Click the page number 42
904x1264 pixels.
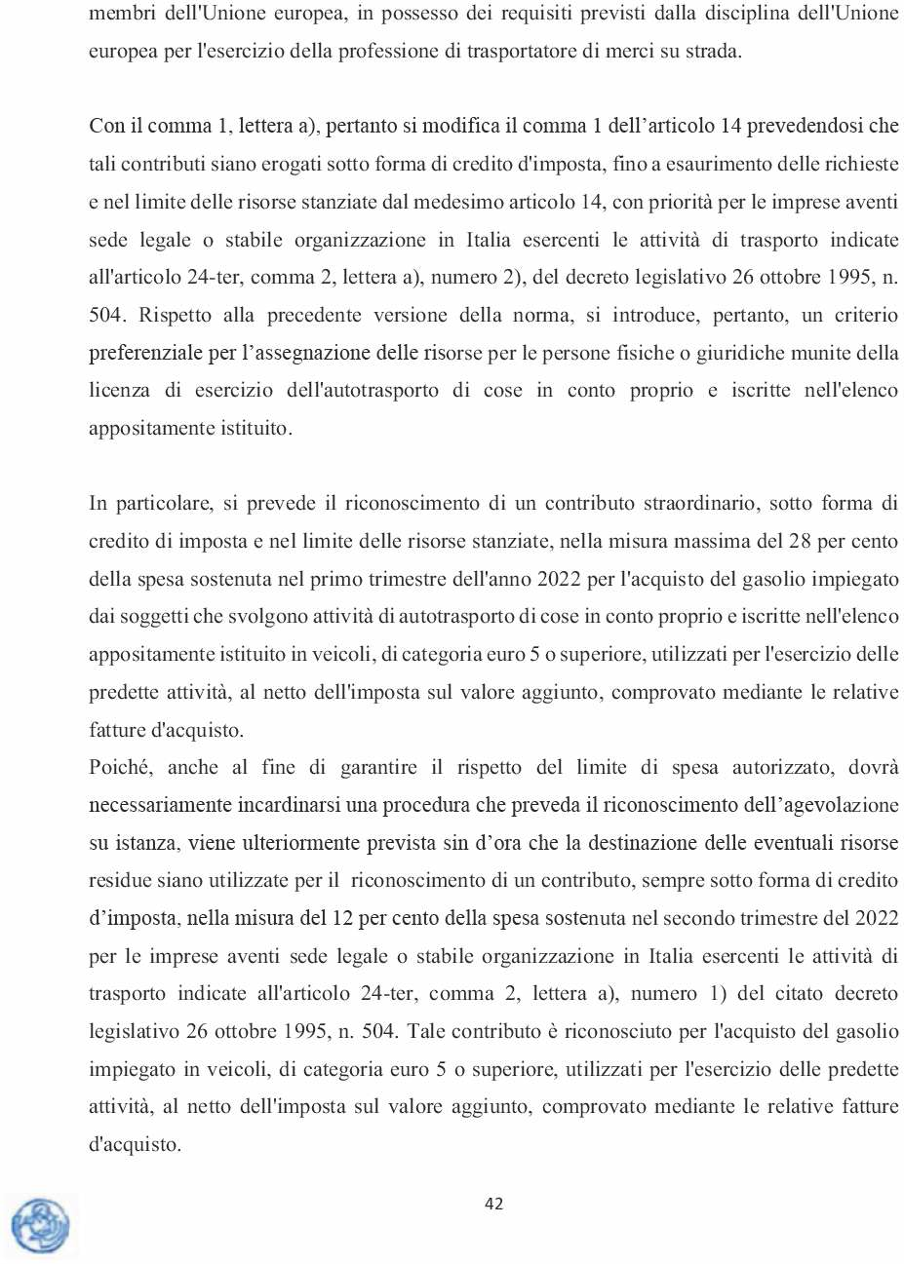pyautogui.click(x=493, y=1204)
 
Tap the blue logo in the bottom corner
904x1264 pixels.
pyautogui.click(x=41, y=1225)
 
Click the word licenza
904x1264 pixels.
pyautogui.click(x=119, y=391)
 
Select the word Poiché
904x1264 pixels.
pyautogui.click(x=120, y=768)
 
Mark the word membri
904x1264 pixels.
pyautogui.click(x=117, y=14)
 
